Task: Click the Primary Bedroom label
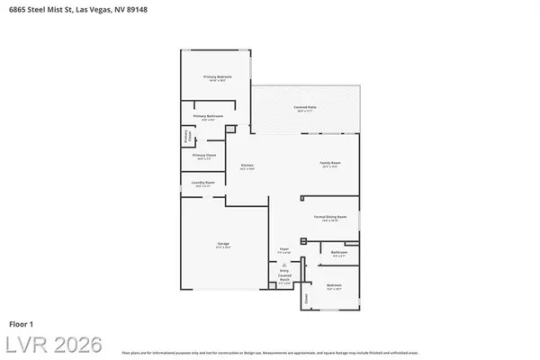click(217, 77)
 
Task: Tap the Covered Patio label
click(305, 108)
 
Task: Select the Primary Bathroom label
click(209, 117)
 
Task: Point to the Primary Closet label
click(204, 156)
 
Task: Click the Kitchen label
click(246, 166)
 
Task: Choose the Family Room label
click(329, 164)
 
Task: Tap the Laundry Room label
click(202, 184)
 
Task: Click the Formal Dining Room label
click(330, 218)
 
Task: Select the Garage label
click(223, 245)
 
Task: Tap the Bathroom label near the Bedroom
click(339, 253)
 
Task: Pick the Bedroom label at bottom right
click(334, 286)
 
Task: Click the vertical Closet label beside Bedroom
click(305, 298)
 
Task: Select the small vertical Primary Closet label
click(188, 138)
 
